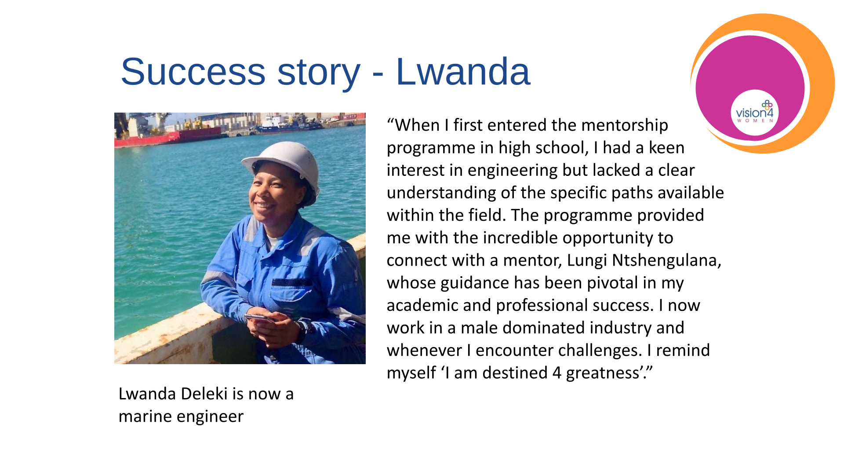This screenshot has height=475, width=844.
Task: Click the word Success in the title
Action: pos(193,72)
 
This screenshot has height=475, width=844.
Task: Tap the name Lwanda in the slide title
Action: pos(463,72)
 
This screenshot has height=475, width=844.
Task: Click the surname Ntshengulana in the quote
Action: pos(666,260)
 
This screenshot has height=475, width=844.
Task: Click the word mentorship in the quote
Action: pos(625,126)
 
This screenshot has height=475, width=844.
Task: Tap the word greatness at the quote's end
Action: pos(603,373)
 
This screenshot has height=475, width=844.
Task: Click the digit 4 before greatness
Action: pos(557,373)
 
